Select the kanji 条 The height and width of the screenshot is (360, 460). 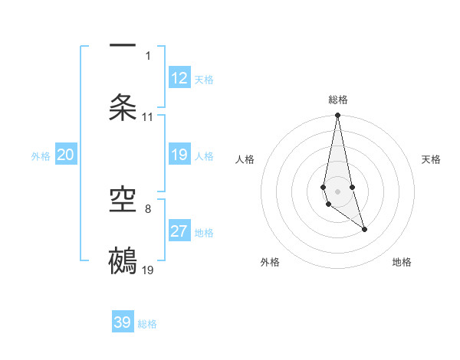[123, 106]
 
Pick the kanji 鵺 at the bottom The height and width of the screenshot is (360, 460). [123, 260]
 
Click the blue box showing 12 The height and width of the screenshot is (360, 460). [179, 78]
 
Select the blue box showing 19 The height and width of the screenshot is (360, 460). [179, 155]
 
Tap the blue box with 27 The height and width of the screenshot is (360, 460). [179, 231]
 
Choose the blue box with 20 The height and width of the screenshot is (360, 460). [66, 155]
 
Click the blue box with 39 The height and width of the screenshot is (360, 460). [123, 322]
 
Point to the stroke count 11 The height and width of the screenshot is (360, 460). [148, 117]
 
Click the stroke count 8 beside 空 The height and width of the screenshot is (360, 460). [148, 208]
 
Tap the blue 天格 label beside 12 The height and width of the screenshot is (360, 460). [204, 80]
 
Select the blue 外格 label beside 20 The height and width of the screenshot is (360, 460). [41, 156]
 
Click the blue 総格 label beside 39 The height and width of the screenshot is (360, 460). [147, 324]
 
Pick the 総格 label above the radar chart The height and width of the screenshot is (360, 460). [337, 100]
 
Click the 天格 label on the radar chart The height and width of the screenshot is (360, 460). [431, 159]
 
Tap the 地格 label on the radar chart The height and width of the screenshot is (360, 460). [402, 262]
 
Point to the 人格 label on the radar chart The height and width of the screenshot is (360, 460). [245, 159]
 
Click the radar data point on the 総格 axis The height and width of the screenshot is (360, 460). [337, 116]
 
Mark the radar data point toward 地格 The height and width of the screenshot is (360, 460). [364, 229]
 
